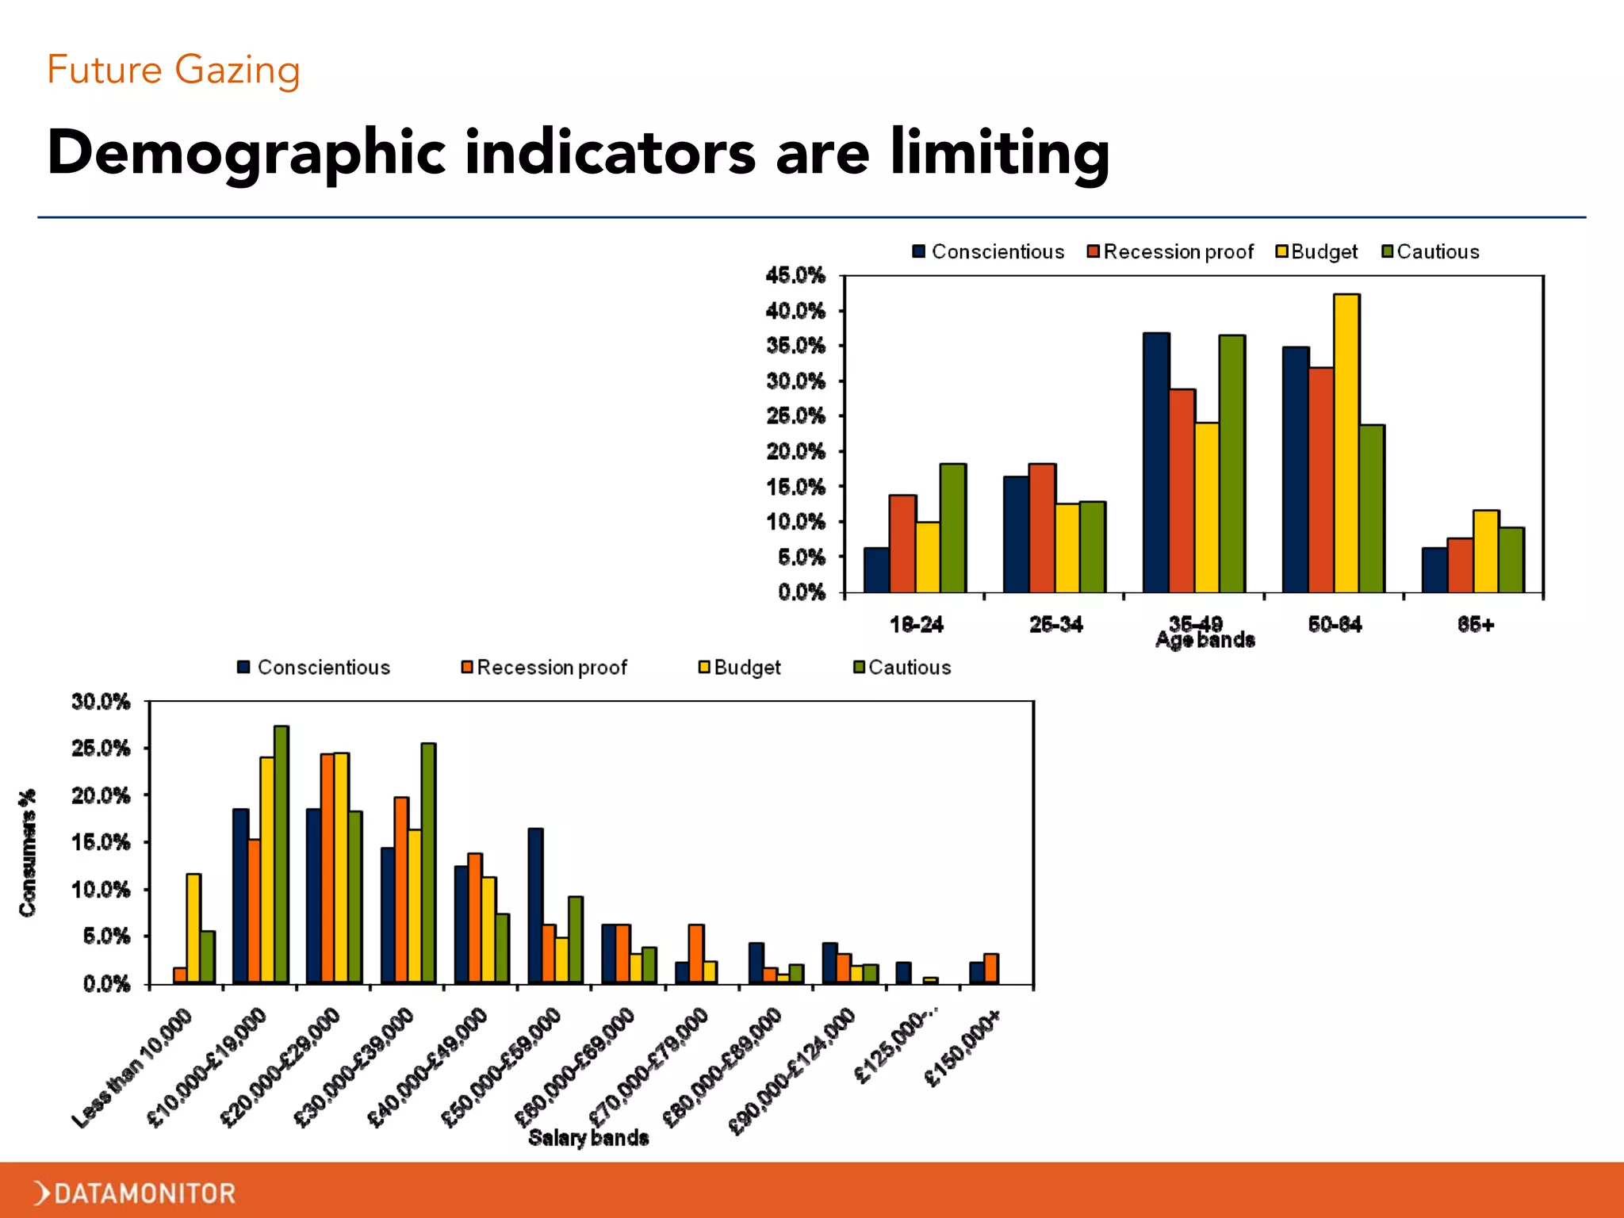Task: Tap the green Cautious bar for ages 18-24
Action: point(953,528)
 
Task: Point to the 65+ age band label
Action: point(1476,625)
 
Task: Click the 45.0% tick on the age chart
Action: point(795,276)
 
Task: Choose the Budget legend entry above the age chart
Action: point(1317,251)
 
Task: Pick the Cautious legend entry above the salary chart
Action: point(902,668)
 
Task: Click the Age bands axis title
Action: point(1205,641)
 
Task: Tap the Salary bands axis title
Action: point(588,1138)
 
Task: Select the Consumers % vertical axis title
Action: point(29,853)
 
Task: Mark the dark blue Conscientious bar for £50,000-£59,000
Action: point(536,906)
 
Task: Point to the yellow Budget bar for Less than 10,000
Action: point(193,929)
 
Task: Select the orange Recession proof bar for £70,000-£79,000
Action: point(696,954)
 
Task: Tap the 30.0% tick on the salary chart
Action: point(101,702)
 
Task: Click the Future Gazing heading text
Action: point(174,70)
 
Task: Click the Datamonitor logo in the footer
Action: point(135,1193)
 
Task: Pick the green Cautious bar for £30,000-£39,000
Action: point(428,864)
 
